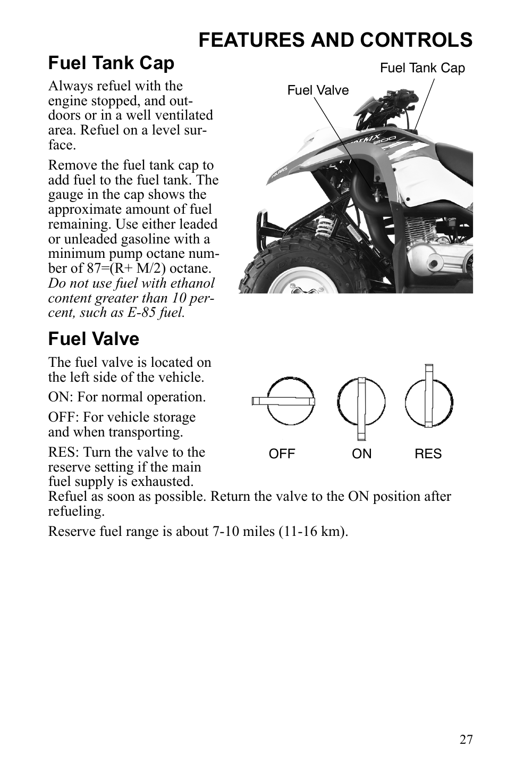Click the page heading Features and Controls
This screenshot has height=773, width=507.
click(x=335, y=40)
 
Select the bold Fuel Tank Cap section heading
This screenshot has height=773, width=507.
click(x=111, y=63)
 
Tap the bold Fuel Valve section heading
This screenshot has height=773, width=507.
click(x=94, y=339)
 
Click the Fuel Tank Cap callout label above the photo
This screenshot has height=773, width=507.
click(x=422, y=68)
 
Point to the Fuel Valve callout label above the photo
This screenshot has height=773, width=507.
click(x=318, y=90)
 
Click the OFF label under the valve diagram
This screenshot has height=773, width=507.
click(x=282, y=454)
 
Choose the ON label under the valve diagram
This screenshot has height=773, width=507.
click(x=362, y=454)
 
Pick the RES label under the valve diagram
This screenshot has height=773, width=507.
click(x=428, y=454)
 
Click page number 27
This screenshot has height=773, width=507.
click(x=466, y=740)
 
